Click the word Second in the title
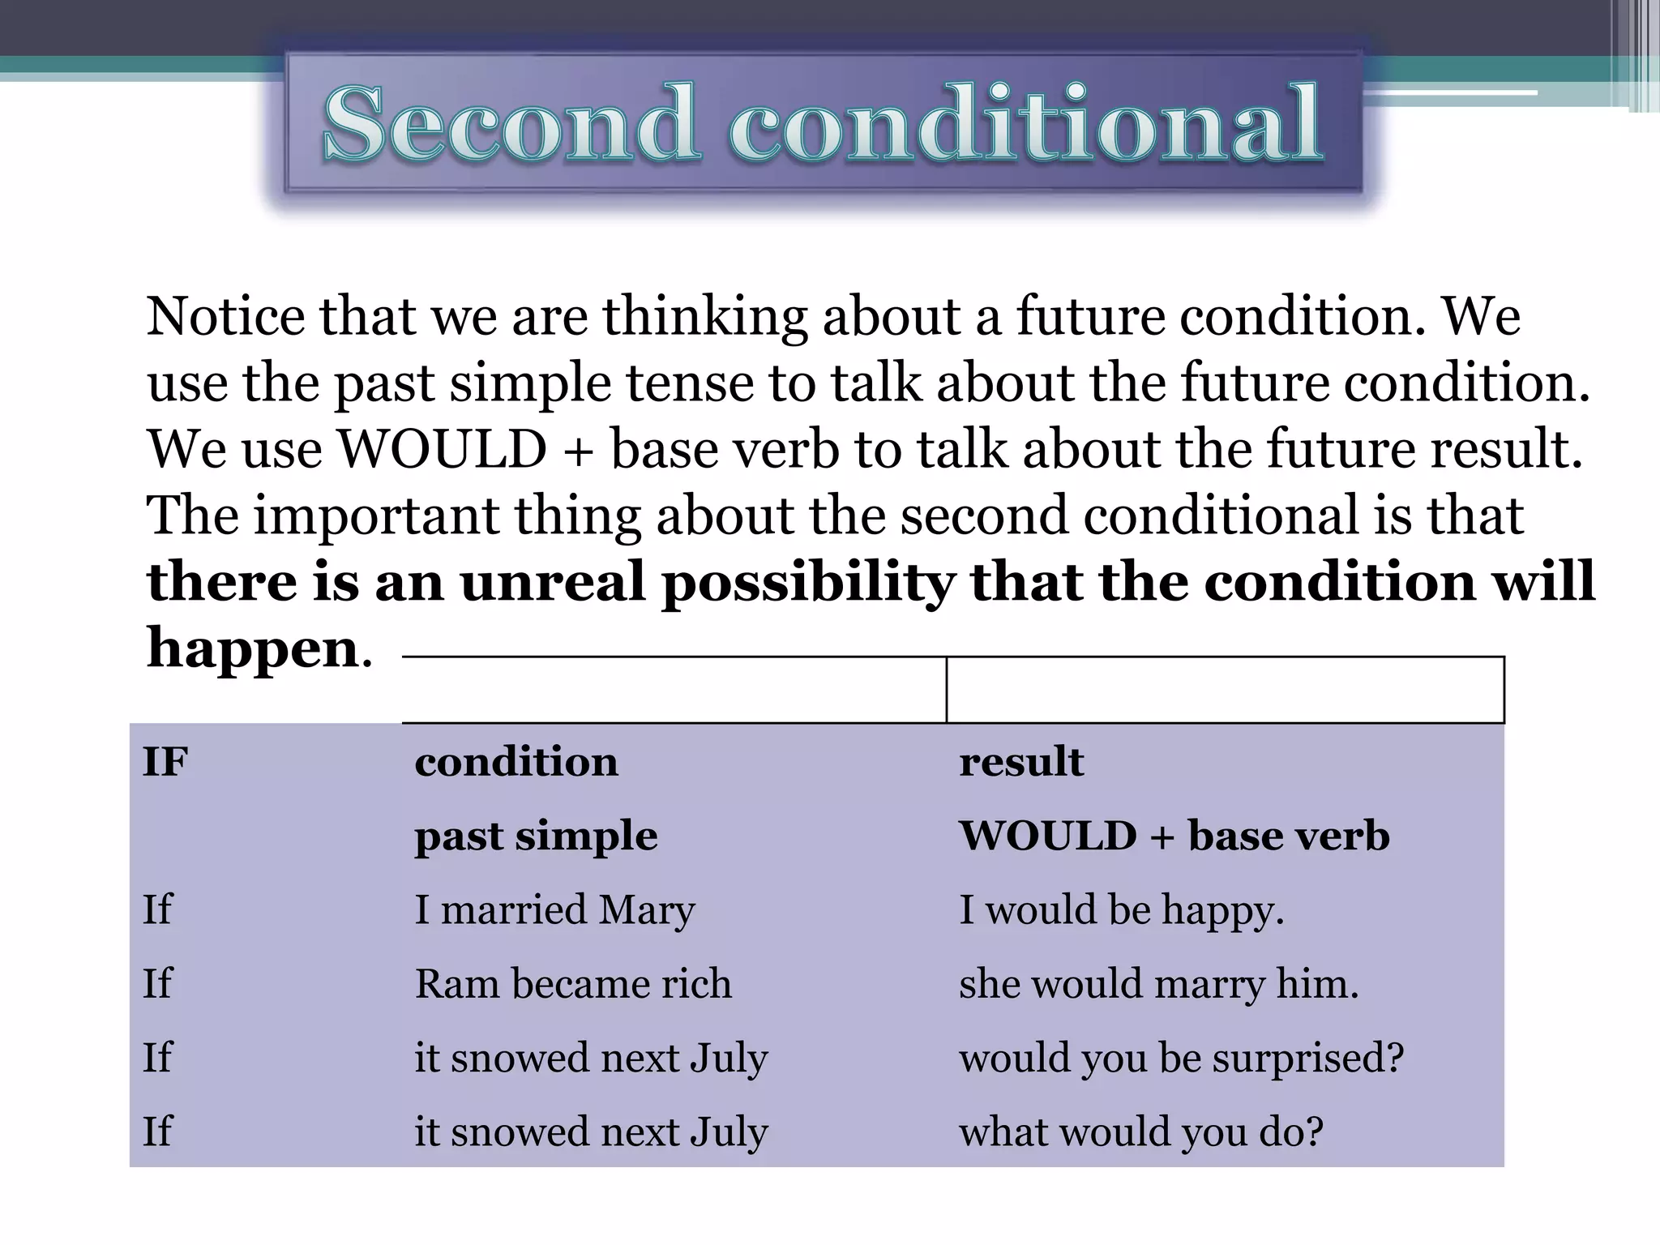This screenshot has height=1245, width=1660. [511, 124]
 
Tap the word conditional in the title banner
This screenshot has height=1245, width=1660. [1026, 124]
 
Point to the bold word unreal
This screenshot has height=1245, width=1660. [553, 582]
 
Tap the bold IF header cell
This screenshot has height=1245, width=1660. [165, 762]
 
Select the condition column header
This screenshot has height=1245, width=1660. [516, 762]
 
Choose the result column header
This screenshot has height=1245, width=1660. [1021, 762]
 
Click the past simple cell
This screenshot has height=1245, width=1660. [536, 836]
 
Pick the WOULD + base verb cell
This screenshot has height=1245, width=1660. [1174, 836]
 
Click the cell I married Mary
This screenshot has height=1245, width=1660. [554, 909]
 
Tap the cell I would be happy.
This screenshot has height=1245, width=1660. [1122, 909]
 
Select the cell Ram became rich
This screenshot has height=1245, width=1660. [573, 984]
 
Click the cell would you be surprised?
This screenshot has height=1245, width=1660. [1181, 1058]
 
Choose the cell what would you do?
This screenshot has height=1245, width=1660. [1141, 1132]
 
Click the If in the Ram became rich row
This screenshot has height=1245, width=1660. [157, 984]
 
